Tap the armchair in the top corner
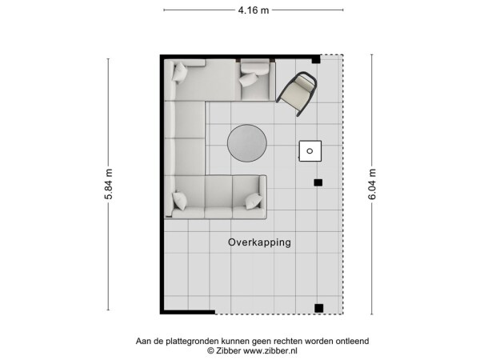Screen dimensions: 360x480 click(298, 93)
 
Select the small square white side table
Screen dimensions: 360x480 click(310, 150)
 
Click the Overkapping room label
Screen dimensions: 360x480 click(259, 242)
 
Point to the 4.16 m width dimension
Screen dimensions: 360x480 click(254, 10)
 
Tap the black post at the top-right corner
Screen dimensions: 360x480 click(316, 59)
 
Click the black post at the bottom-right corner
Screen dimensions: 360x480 click(318, 308)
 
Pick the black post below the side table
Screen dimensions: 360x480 click(318, 183)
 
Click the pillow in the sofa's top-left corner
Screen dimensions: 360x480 click(180, 73)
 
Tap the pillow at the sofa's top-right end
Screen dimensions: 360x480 click(250, 78)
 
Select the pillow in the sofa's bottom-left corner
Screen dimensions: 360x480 click(178, 201)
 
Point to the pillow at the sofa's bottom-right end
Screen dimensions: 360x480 click(254, 200)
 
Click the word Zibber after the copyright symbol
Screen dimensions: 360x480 click(229, 350)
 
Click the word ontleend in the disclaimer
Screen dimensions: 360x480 click(350, 341)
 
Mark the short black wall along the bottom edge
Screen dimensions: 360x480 click(189, 311)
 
